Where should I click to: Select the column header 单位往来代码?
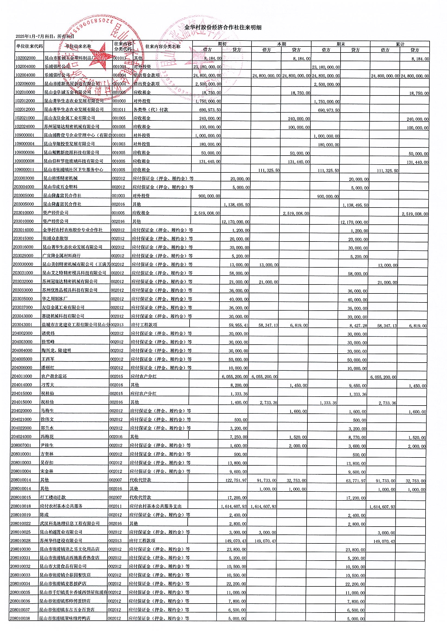coord(29,47)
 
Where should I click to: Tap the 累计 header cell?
coord(400,44)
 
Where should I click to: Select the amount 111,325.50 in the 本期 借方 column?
coord(269,171)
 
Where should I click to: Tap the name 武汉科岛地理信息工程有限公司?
coord(70,523)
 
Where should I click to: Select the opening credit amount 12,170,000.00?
coord(236,222)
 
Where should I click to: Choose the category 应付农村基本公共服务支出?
coord(155,506)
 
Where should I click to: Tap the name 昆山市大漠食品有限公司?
coord(63,566)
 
